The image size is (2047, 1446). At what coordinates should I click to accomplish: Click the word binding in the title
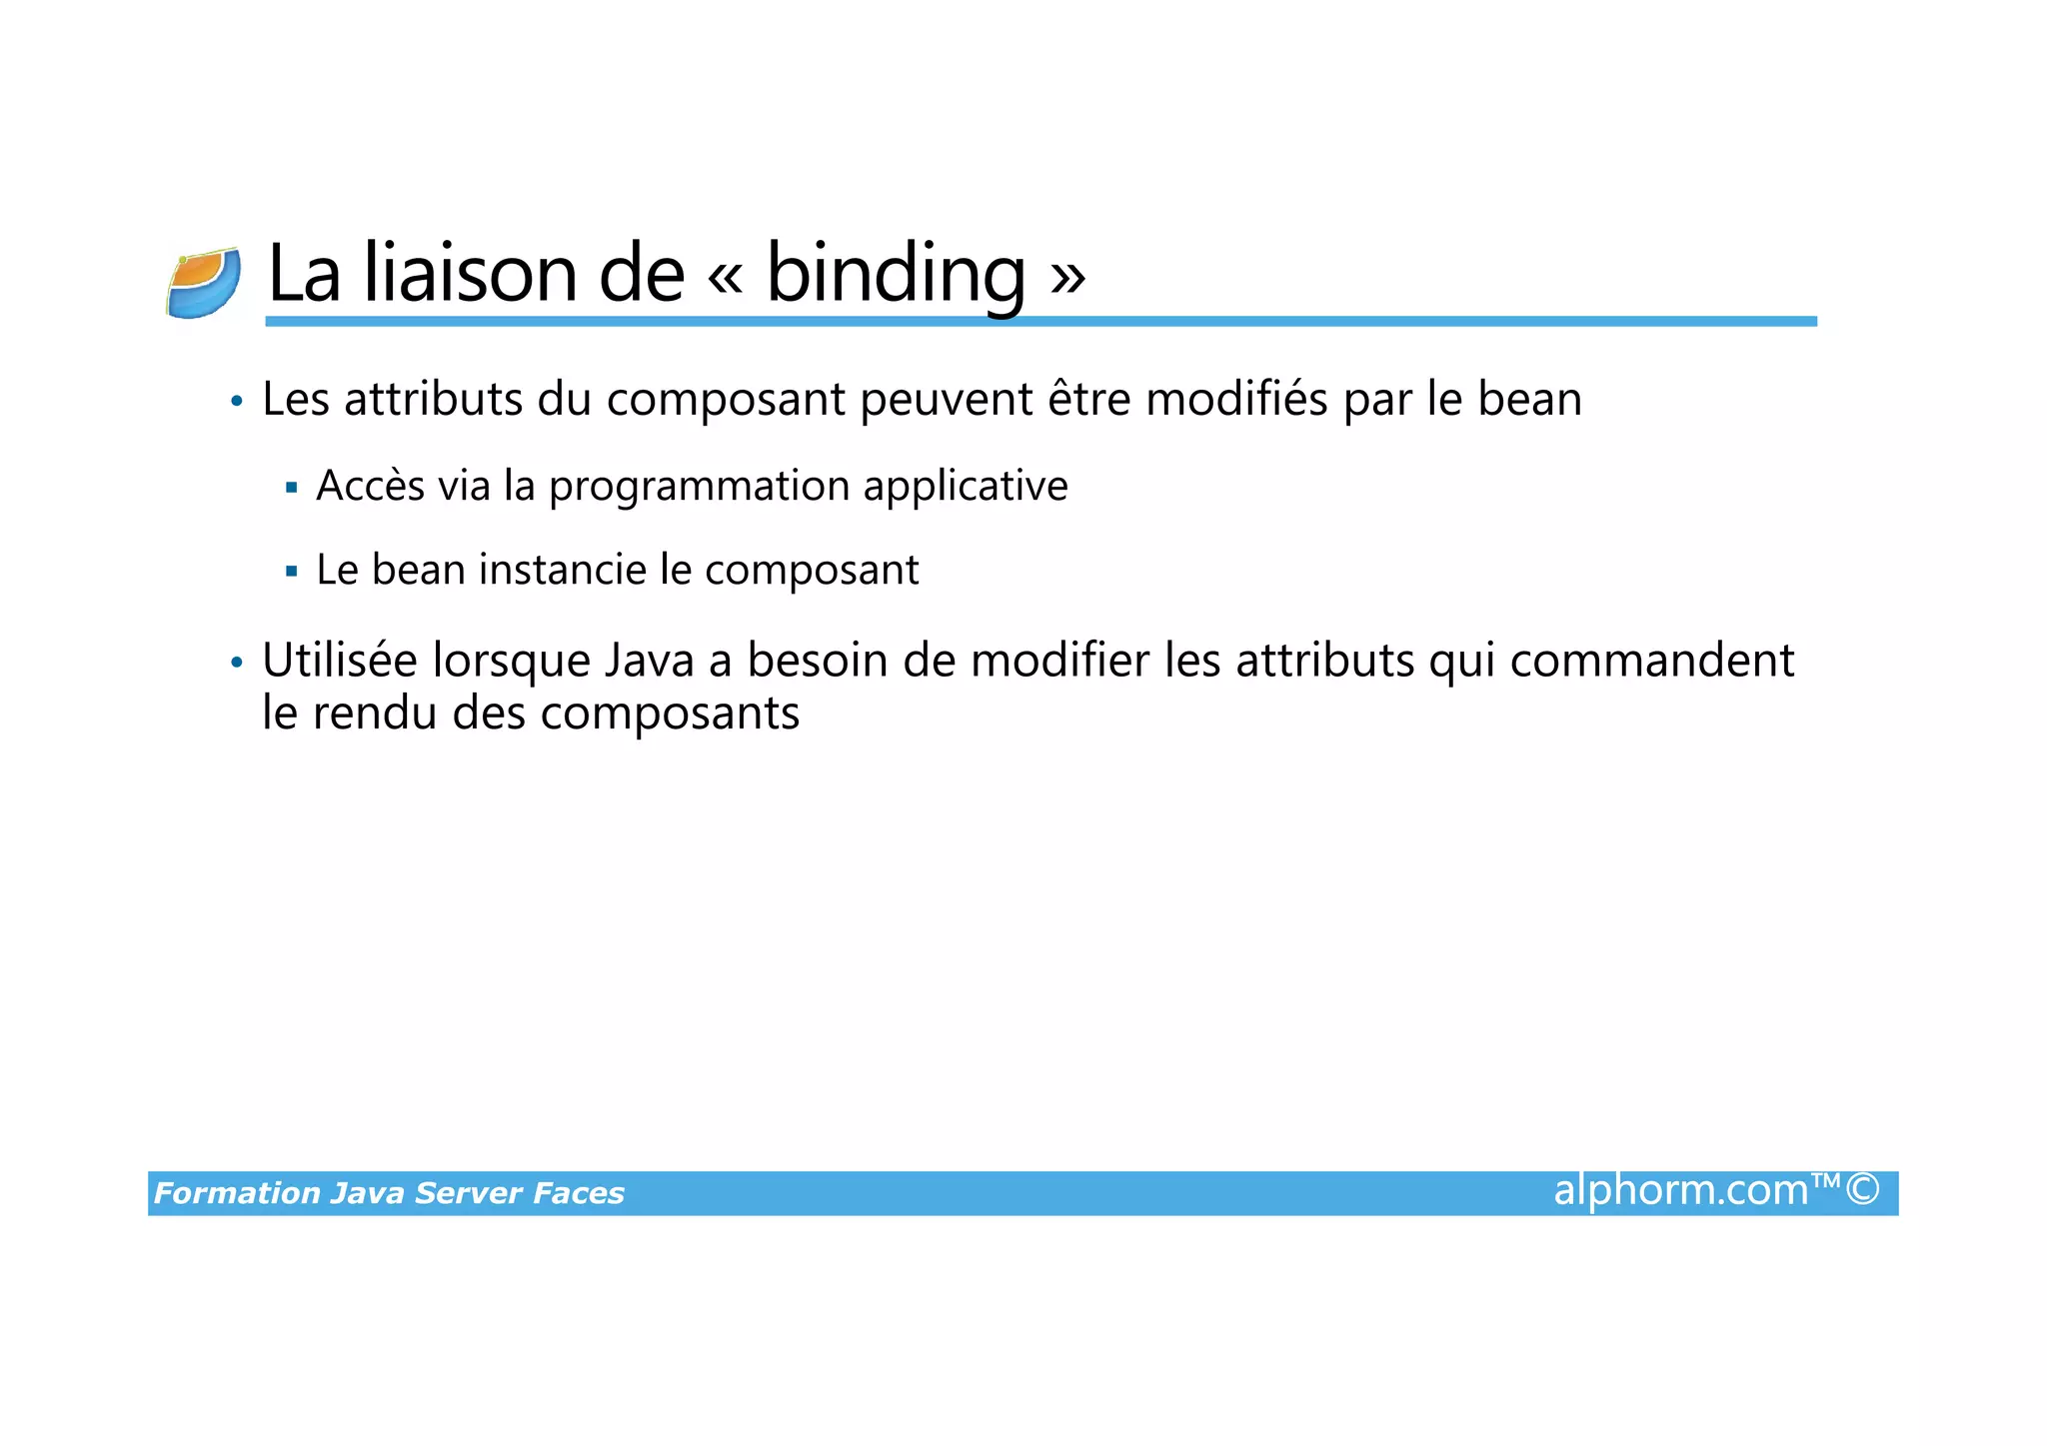click(896, 274)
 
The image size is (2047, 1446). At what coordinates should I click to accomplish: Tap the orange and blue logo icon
click(204, 283)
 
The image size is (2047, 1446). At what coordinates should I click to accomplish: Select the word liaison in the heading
click(470, 274)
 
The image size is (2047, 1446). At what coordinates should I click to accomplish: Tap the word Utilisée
click(340, 662)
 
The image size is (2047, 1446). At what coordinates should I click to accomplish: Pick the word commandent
click(1652, 662)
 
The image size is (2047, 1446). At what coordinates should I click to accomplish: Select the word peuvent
click(947, 401)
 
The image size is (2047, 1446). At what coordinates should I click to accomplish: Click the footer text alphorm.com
click(1681, 1191)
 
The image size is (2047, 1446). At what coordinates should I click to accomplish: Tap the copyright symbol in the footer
click(1862, 1190)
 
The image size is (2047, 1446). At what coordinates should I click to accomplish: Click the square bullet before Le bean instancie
click(292, 573)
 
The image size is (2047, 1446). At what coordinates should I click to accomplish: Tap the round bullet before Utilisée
click(237, 664)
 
